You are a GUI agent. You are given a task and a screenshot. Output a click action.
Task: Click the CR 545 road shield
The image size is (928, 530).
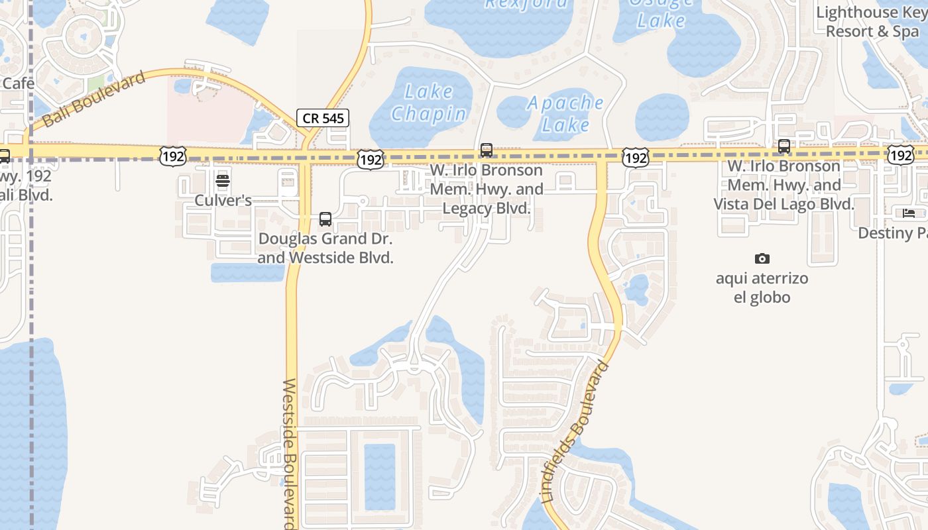pos(322,119)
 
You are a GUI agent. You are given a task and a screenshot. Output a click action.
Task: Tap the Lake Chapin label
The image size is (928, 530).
pos(429,103)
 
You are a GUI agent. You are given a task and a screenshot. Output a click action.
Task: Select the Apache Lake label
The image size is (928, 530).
pos(565,113)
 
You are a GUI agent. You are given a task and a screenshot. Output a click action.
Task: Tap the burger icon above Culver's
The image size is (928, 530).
pos(223,181)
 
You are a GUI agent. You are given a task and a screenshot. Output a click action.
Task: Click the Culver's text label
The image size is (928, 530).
pos(223,200)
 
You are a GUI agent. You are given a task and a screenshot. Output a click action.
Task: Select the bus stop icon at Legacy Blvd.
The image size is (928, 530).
pos(487,150)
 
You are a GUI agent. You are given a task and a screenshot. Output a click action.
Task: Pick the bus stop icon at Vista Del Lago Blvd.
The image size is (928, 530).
pos(783,146)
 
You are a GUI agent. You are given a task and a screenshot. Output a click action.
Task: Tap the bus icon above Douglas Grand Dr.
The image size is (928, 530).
pos(325,219)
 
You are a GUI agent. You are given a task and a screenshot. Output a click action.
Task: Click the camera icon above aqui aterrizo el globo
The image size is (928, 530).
pos(762,258)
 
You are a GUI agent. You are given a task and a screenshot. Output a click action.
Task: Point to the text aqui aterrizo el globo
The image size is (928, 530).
pos(762,288)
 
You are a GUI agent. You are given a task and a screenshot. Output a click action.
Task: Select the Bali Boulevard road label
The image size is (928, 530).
pos(93,99)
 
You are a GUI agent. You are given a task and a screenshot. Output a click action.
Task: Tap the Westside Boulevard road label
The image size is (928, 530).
pos(290,454)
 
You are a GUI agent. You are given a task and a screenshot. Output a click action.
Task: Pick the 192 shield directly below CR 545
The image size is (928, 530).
pos(371,159)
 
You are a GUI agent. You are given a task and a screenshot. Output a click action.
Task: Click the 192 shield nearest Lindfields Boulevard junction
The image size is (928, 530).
pos(635,158)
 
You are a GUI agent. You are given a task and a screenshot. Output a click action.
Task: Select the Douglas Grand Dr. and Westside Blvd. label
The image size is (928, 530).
pos(325,248)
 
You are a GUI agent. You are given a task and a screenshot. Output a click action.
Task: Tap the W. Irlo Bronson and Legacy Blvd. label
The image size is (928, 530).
pos(487,189)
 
